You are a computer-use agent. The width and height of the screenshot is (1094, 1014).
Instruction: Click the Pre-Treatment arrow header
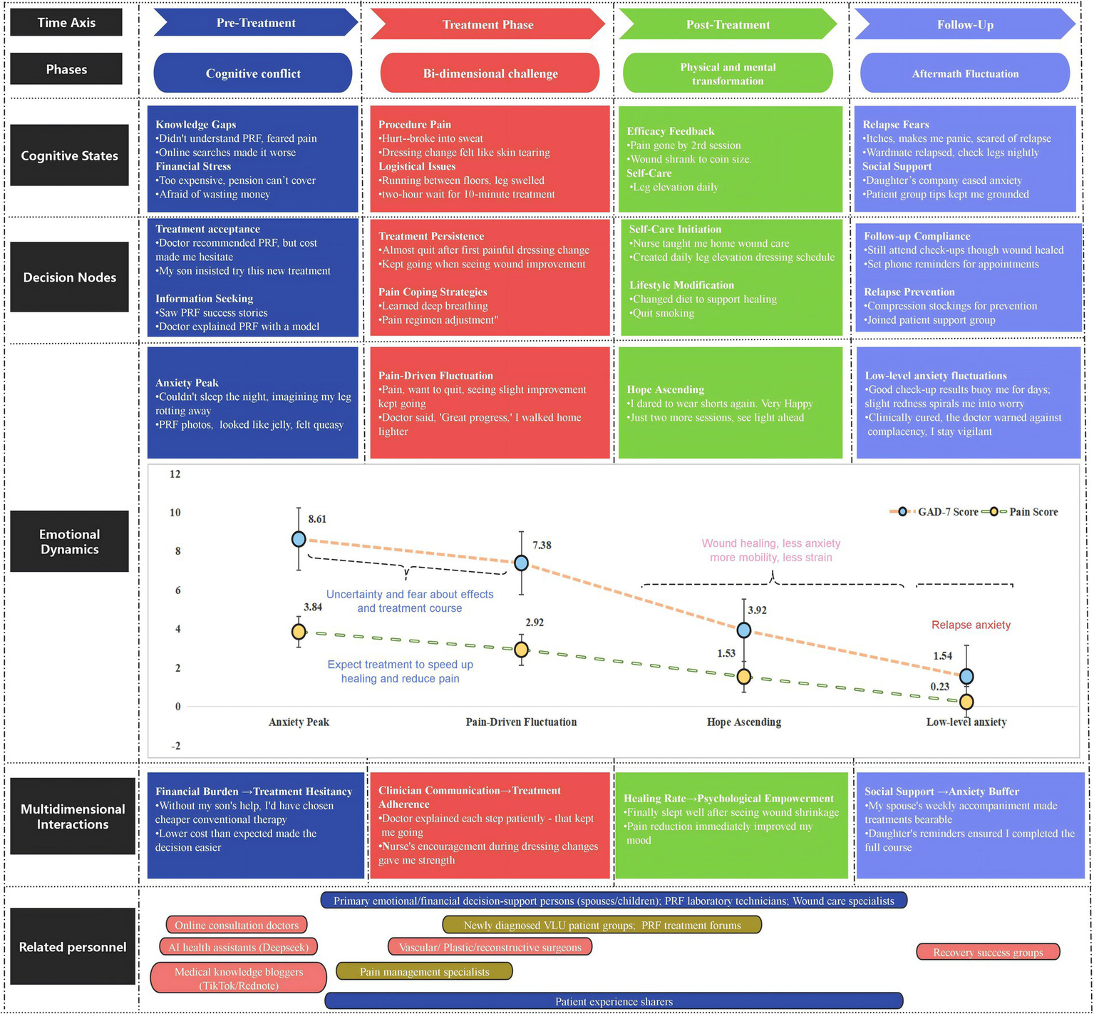[255, 23]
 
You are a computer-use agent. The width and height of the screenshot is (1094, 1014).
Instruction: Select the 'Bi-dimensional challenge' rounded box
[490, 73]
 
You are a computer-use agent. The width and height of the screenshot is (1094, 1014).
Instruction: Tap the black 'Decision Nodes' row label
[69, 277]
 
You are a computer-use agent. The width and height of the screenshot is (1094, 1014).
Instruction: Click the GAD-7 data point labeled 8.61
[299, 539]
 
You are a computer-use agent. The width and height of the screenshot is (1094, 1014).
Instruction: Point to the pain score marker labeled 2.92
[521, 650]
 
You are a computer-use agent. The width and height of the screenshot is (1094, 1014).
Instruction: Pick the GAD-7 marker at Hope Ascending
[743, 630]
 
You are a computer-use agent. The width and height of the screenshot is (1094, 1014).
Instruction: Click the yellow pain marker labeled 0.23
[966, 702]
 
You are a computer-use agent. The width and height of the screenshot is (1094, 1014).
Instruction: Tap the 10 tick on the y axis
[175, 513]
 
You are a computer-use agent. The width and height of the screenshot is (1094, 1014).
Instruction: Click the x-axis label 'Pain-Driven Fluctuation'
[521, 722]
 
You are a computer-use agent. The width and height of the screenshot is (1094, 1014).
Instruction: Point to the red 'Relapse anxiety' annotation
[971, 625]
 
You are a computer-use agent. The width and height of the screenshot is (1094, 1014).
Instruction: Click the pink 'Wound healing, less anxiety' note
[770, 544]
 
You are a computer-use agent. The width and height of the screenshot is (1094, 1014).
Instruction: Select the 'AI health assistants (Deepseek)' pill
[239, 948]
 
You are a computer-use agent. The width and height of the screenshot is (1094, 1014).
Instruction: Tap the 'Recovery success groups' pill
[987, 953]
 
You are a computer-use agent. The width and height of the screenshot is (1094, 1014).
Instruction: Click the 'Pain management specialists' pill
[424, 972]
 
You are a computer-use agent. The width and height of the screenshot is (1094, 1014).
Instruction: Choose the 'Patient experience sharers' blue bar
[613, 1002]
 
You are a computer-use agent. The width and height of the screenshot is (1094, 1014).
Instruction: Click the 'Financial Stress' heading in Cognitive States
[193, 167]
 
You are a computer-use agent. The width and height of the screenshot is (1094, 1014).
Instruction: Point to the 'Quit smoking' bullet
[663, 313]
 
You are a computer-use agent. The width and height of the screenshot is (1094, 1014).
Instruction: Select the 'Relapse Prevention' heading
[909, 292]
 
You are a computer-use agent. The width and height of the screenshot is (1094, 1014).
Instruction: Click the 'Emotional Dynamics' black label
[69, 542]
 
